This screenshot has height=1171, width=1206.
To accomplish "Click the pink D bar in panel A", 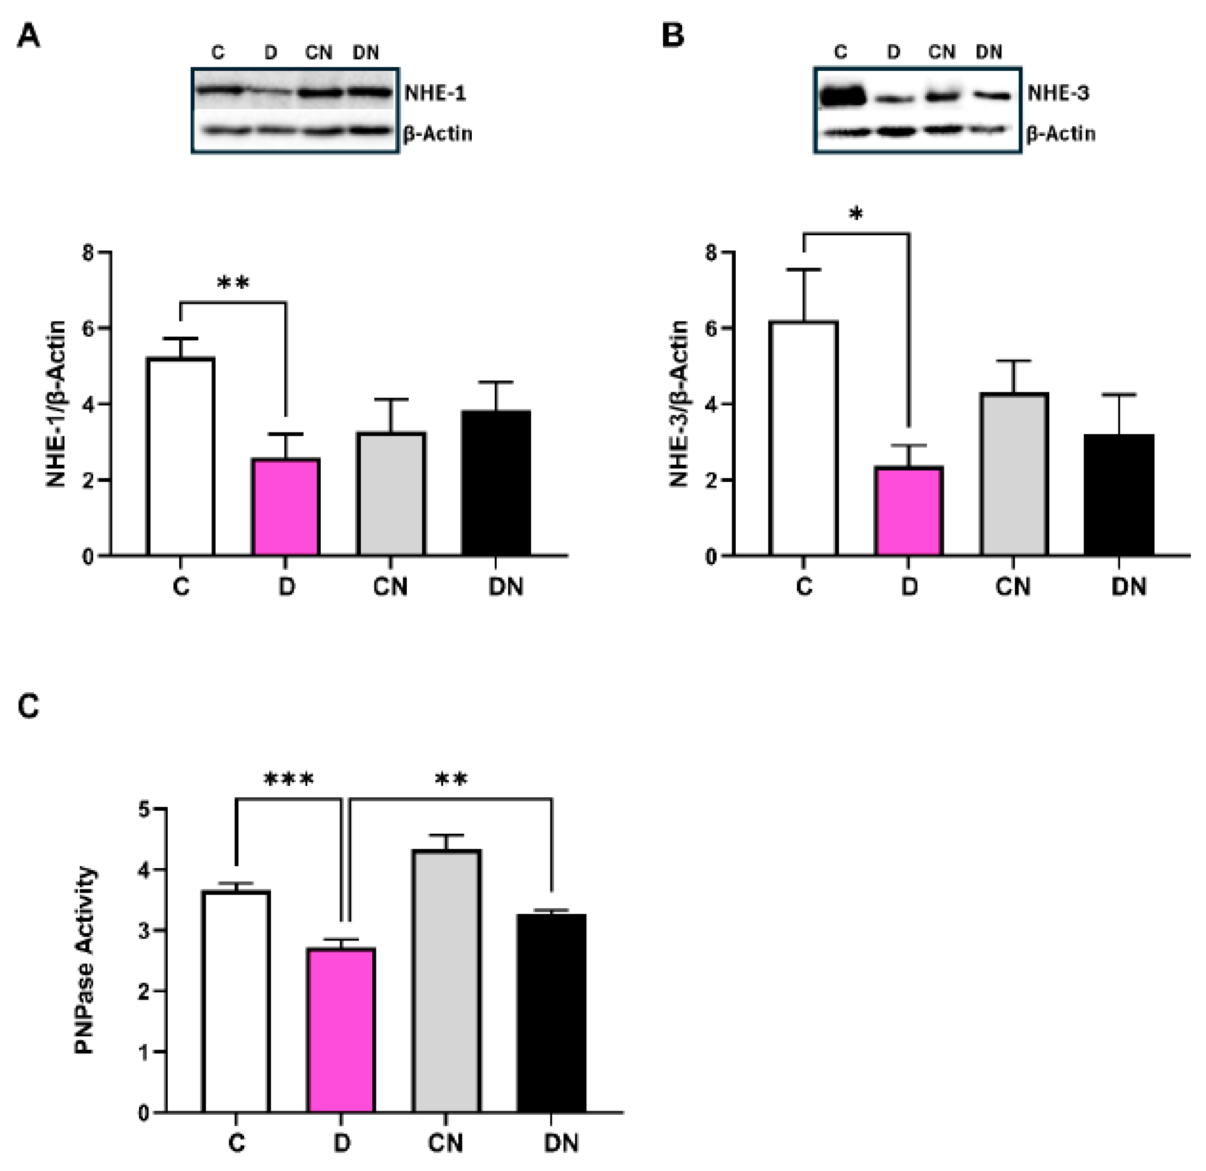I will (x=285, y=507).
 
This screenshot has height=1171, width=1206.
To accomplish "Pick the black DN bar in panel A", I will (x=496, y=483).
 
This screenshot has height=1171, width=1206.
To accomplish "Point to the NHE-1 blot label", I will (x=435, y=94).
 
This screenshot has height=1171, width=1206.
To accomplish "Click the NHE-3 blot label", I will (x=1058, y=94).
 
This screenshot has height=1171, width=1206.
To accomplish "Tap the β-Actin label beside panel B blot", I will (x=1061, y=133).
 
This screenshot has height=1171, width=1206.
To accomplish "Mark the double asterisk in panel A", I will (x=233, y=284).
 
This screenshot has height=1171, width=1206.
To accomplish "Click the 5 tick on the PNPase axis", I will (x=145, y=809).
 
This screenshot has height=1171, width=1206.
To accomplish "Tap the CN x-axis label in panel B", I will (x=1013, y=587).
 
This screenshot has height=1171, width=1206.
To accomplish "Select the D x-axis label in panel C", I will (x=342, y=1143).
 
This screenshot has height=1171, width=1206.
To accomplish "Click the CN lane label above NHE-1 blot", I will (x=319, y=53).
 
